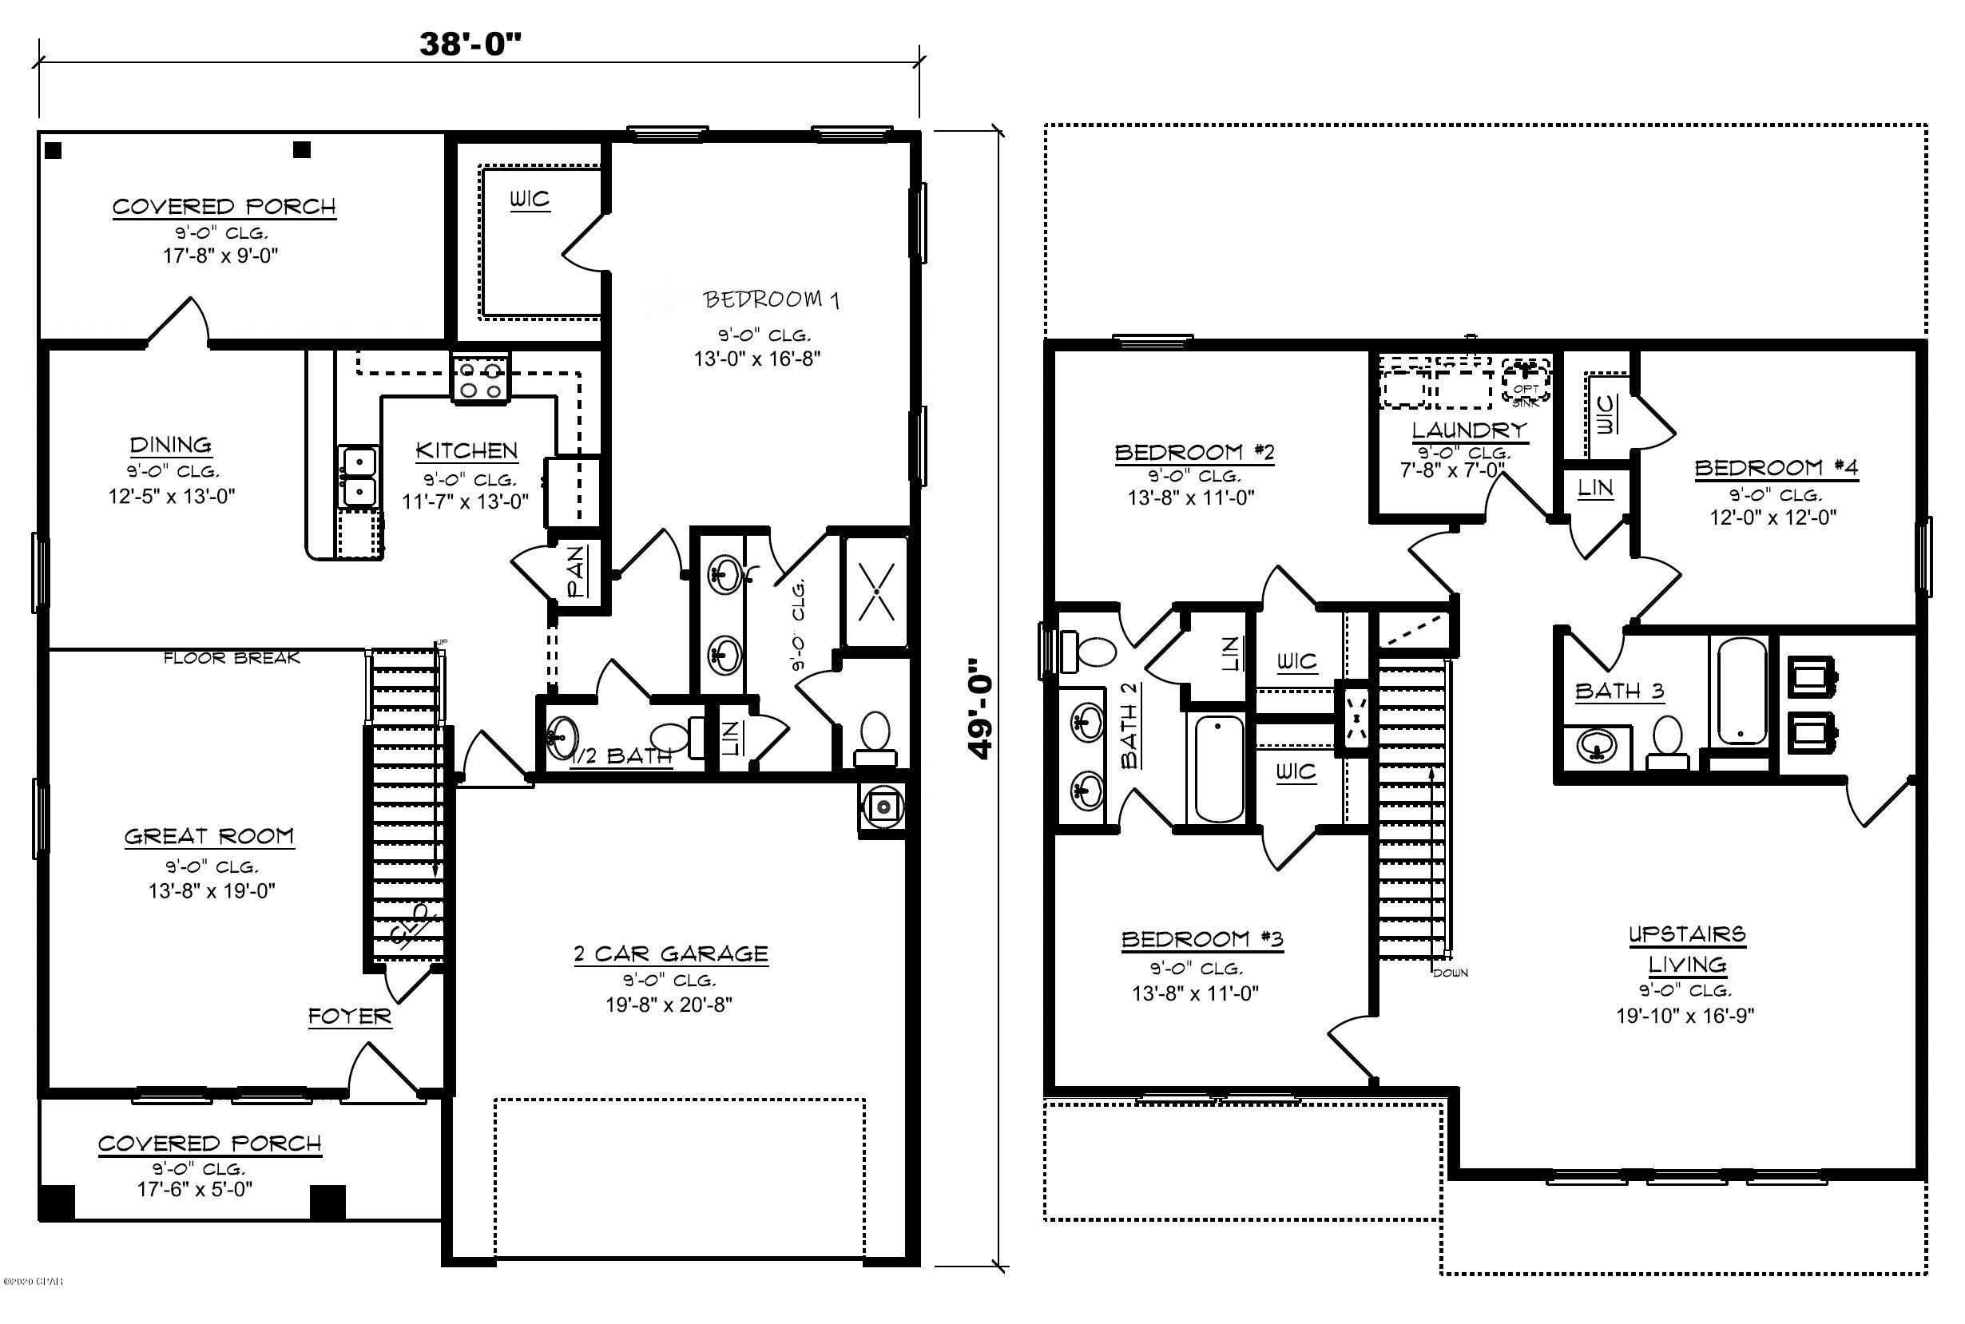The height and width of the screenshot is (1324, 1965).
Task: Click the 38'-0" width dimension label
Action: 470,44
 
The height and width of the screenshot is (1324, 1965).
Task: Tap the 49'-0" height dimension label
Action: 979,708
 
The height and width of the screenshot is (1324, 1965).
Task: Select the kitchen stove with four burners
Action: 481,379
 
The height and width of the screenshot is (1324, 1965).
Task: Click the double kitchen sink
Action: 359,476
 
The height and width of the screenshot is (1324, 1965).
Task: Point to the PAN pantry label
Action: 578,571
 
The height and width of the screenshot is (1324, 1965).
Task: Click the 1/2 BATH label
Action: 622,756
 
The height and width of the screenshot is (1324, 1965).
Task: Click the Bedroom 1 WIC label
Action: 530,200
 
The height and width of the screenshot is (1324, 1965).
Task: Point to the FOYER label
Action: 350,1016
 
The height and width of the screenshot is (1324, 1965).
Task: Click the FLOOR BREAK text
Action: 232,658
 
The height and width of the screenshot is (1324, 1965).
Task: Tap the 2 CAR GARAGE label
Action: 670,954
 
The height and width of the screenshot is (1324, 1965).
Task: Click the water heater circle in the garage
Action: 883,807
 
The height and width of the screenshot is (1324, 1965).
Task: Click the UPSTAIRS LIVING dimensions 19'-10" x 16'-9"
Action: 1685,1016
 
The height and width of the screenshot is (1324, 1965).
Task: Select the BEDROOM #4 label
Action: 1776,468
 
